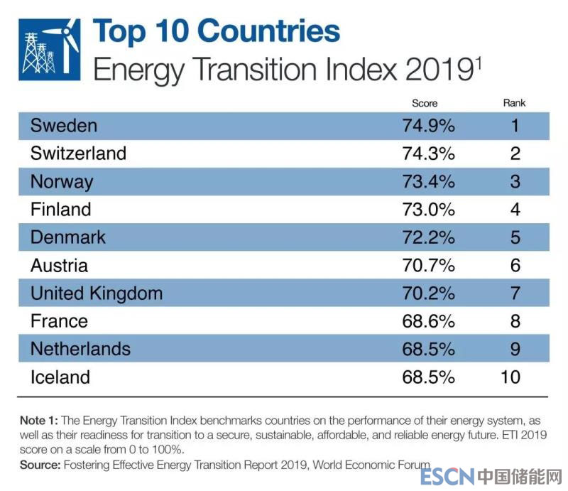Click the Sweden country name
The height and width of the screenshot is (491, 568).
tap(63, 126)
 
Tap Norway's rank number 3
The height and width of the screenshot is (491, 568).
tap(515, 181)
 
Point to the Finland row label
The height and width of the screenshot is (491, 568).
tap(60, 210)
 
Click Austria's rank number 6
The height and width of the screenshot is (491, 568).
tap(515, 265)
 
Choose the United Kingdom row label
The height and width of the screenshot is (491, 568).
tap(96, 293)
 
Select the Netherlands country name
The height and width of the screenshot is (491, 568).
tap(80, 349)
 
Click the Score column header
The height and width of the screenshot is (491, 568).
tap(425, 104)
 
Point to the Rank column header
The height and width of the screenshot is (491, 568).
tap(514, 104)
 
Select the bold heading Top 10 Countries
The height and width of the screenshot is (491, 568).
tap(217, 31)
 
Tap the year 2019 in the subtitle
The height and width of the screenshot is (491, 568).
tap(434, 70)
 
